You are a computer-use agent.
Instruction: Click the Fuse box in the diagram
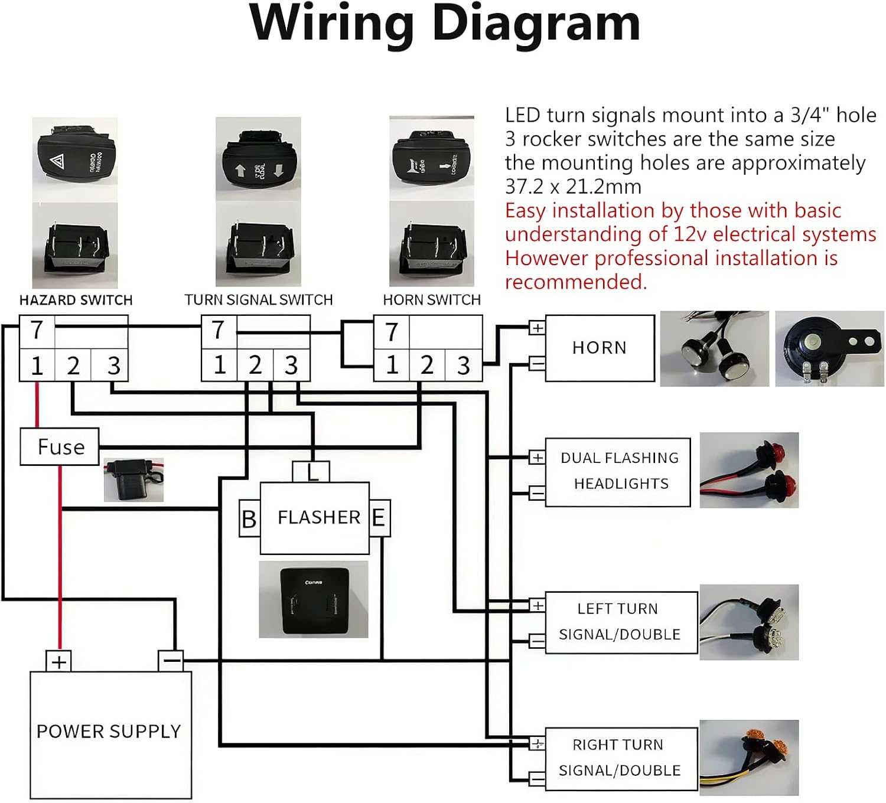[59, 447]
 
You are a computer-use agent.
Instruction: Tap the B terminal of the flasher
[249, 518]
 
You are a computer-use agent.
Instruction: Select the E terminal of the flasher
[379, 518]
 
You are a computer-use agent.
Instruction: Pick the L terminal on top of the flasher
[311, 472]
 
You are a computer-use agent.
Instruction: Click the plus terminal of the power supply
[58, 661]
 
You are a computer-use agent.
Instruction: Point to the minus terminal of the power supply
[171, 660]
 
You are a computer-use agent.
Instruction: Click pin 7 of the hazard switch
[37, 331]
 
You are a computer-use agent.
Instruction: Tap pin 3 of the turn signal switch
[291, 365]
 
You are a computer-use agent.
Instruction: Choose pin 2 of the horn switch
[427, 365]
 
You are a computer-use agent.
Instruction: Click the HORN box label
[600, 348]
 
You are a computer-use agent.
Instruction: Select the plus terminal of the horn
[537, 328]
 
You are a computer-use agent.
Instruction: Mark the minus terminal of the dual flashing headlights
[537, 492]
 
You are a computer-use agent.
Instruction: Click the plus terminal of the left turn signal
[538, 605]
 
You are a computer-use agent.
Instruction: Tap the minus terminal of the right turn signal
[537, 779]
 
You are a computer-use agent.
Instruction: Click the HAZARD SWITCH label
[76, 300]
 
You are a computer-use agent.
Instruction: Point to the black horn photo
[829, 348]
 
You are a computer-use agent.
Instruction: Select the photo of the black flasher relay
[314, 599]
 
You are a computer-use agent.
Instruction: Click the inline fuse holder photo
[133, 479]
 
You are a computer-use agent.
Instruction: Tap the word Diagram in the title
[536, 24]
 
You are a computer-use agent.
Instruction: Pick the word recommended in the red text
[575, 282]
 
